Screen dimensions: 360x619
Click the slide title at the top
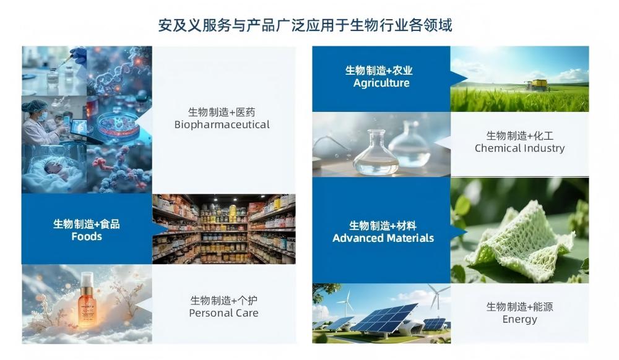pyautogui.click(x=305, y=25)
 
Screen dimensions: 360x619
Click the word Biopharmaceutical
pyautogui.click(x=222, y=124)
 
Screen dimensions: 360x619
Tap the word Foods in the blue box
pyautogui.click(x=87, y=236)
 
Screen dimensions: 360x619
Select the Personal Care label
pyautogui.click(x=223, y=312)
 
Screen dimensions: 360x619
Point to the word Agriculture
pyautogui.click(x=381, y=83)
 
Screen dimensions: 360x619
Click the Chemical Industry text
pyautogui.click(x=519, y=148)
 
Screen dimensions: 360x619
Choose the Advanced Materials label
pyautogui.click(x=383, y=238)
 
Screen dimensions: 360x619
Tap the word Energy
pyautogui.click(x=519, y=319)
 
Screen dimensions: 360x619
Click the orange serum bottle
pyautogui.click(x=87, y=302)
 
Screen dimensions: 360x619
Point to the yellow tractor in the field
pyautogui.click(x=537, y=85)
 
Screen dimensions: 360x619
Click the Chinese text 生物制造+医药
pyautogui.click(x=222, y=112)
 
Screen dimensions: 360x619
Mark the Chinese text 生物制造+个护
pyautogui.click(x=223, y=300)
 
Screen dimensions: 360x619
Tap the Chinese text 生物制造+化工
pyautogui.click(x=519, y=135)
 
